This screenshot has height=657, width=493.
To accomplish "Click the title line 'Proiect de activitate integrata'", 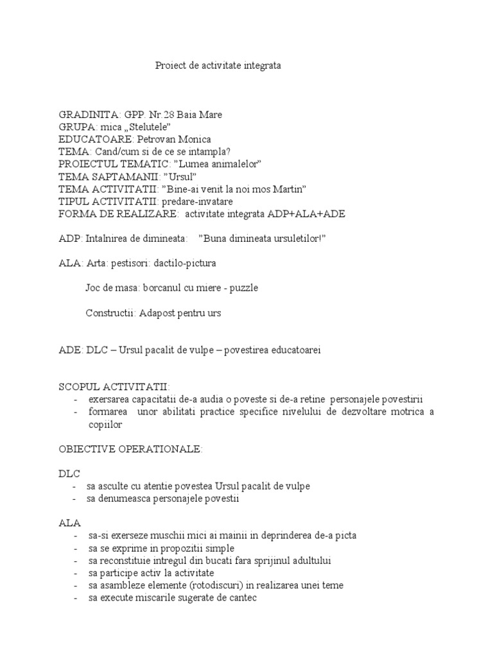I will coord(218,65).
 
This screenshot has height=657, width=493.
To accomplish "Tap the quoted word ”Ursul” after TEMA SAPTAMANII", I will coord(179,176).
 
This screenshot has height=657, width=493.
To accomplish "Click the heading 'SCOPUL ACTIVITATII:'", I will coord(114,387).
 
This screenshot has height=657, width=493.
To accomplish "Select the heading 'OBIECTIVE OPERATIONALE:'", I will coord(130,449).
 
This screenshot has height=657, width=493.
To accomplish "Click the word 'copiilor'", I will coord(106,424).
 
